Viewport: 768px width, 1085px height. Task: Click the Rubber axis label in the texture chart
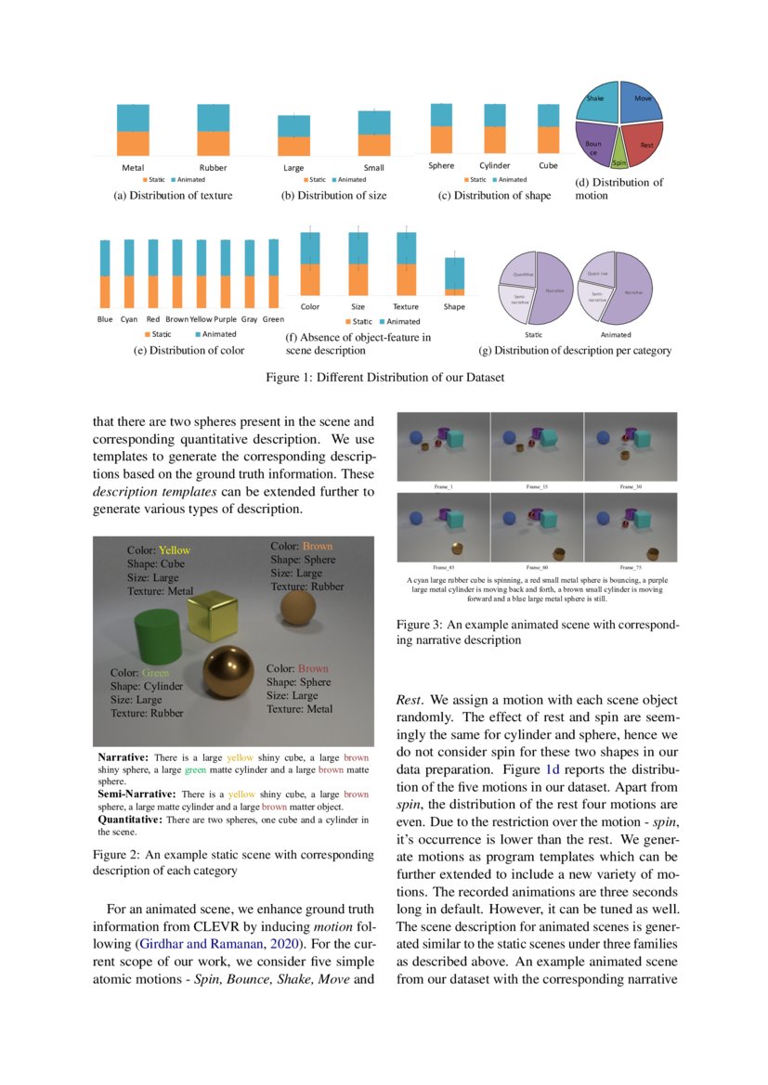point(213,168)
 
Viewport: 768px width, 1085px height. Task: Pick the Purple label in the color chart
point(226,319)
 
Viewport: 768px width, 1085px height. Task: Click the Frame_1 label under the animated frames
point(443,486)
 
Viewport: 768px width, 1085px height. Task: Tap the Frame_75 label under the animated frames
point(630,566)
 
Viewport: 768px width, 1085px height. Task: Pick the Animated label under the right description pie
point(615,334)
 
